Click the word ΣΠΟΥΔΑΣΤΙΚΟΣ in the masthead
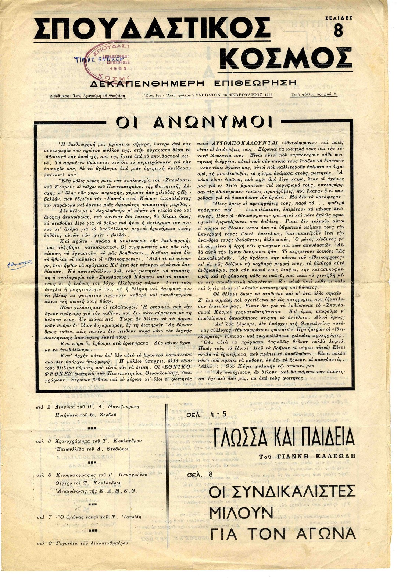pos(151,28)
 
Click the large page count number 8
pos(338,31)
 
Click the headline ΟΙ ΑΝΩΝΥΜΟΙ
pos(194,122)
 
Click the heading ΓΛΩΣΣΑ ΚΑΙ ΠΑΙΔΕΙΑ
pos(281,437)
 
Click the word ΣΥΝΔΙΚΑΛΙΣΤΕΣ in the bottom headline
pos(282,492)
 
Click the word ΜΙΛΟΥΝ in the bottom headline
pos(241,512)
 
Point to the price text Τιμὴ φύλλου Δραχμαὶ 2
pos(314,94)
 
